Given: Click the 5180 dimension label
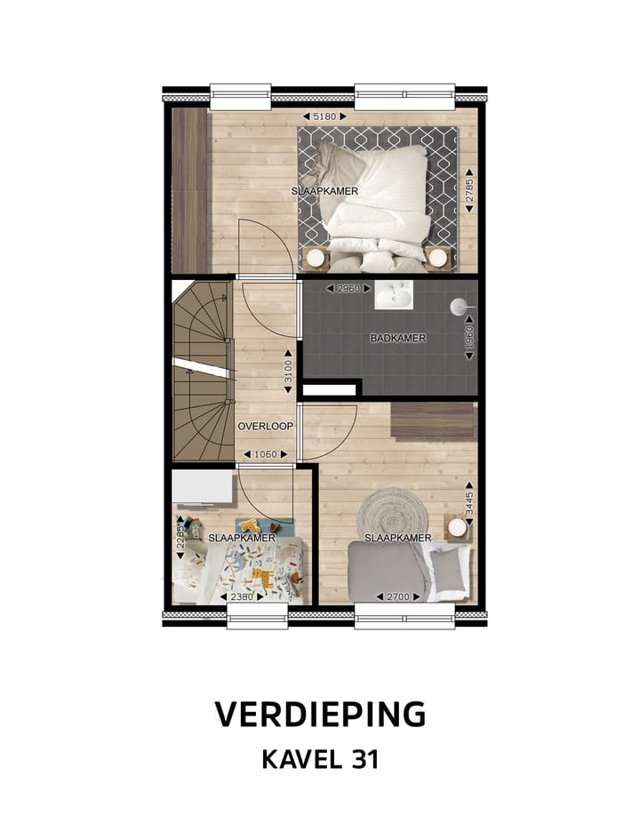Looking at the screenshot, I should [x=324, y=116].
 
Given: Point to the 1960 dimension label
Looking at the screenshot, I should [x=469, y=340].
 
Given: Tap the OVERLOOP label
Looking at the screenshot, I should [x=265, y=427].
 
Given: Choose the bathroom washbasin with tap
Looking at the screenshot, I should [x=393, y=295].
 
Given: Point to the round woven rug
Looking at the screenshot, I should [x=385, y=513].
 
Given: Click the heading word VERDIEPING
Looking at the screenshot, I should [x=320, y=714].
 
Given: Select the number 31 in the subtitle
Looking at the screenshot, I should [x=363, y=760].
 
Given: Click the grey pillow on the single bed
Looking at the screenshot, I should [x=447, y=569].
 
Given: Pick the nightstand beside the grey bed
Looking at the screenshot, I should [x=457, y=528].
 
